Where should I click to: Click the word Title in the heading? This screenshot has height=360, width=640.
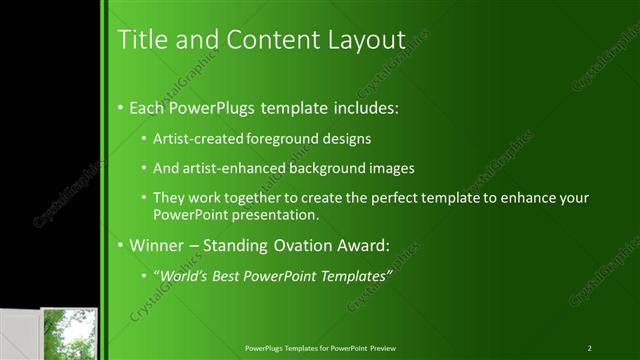tap(141, 40)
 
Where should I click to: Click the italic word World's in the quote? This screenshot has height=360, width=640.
tap(185, 275)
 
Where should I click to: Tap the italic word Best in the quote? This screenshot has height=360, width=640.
tap(232, 275)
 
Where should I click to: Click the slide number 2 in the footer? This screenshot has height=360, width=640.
tap(590, 347)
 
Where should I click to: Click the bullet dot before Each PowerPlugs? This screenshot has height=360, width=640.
tap(121, 107)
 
